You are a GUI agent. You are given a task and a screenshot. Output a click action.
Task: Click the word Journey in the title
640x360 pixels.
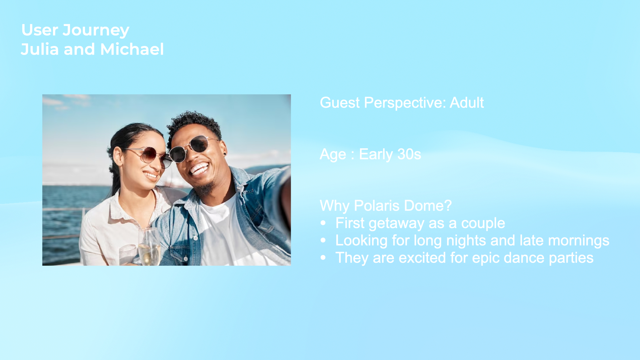(x=96, y=31)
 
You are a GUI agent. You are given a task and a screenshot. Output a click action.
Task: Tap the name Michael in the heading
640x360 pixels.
(x=132, y=49)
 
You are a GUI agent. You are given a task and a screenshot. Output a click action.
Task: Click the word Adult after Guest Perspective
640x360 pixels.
(x=467, y=102)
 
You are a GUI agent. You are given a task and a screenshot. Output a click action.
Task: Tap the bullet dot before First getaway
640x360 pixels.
(x=323, y=223)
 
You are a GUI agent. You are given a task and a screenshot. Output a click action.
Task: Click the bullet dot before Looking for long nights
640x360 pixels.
(x=323, y=240)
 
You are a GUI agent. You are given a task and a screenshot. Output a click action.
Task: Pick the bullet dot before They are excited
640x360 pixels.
(x=323, y=258)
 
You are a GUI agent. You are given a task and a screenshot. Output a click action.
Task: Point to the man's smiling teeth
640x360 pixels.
(x=199, y=169)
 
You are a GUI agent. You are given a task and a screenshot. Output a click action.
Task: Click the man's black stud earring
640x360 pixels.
(x=225, y=154)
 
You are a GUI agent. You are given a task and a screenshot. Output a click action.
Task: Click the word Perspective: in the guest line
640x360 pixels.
(x=405, y=103)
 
